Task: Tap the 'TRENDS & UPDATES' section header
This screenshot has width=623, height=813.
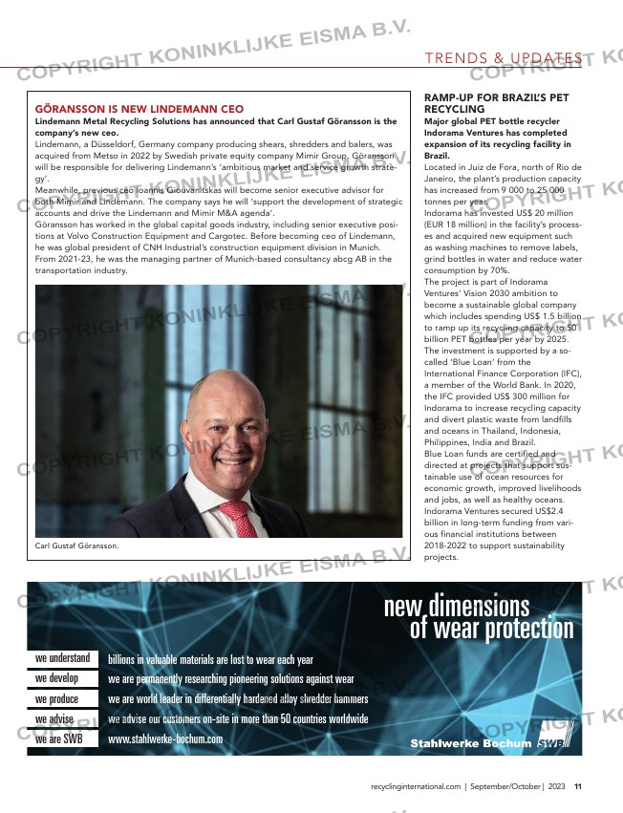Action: [x=504, y=59]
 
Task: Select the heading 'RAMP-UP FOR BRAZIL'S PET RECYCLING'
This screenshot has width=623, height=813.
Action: [x=496, y=104]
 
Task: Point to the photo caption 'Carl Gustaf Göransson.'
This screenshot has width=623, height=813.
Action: [x=76, y=546]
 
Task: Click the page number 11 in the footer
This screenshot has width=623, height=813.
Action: [x=578, y=786]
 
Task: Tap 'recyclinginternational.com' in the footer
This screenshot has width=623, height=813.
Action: [x=416, y=786]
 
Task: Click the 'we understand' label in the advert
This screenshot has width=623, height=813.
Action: [x=62, y=658]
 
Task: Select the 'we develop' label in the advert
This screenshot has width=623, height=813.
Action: [x=56, y=678]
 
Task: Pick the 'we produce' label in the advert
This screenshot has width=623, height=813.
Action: [x=56, y=698]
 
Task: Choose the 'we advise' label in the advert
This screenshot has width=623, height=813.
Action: [x=54, y=718]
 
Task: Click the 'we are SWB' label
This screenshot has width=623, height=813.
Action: [x=58, y=738]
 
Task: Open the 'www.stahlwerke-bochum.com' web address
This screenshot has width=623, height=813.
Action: [x=165, y=738]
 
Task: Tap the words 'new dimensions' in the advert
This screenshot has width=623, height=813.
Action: [x=457, y=606]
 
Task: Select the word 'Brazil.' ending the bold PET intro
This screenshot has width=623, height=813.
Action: [x=437, y=154]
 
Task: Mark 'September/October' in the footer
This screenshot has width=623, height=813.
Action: [x=506, y=786]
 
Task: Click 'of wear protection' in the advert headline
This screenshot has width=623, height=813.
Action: [x=491, y=629]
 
